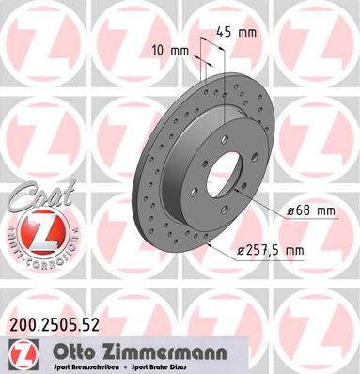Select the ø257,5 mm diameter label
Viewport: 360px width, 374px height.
[274, 249]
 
